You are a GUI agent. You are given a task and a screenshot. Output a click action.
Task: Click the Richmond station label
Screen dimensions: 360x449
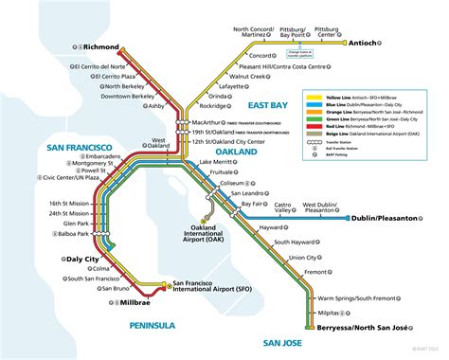click(x=100, y=45)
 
